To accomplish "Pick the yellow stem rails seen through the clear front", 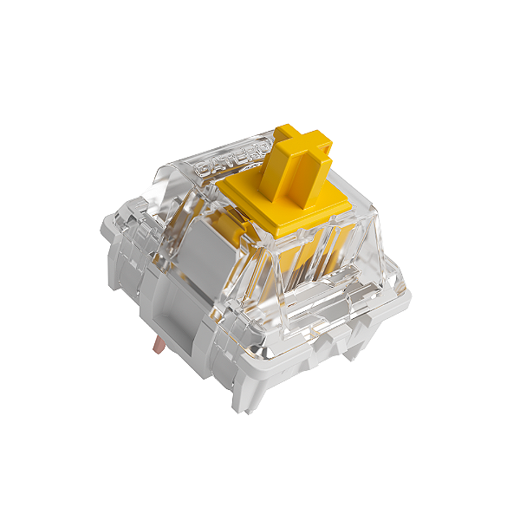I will (290, 260).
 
